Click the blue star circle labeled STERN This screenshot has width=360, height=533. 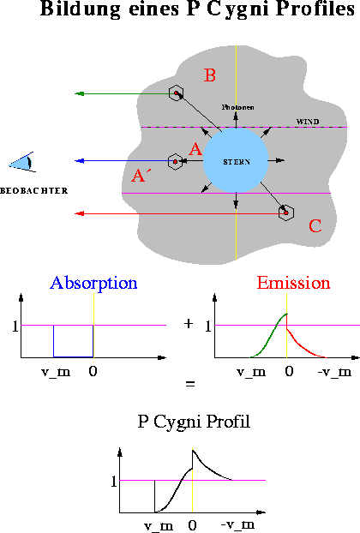pyautogui.click(x=236, y=161)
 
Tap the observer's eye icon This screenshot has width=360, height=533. pyautogui.click(x=23, y=161)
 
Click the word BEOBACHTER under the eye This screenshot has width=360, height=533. pyautogui.click(x=34, y=189)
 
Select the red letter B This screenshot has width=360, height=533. pyautogui.click(x=209, y=76)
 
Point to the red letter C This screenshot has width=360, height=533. pyautogui.click(x=315, y=226)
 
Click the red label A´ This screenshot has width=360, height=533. pyautogui.click(x=140, y=177)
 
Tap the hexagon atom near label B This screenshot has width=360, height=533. pyautogui.click(x=176, y=93)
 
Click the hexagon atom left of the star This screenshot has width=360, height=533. pyautogui.click(x=175, y=161)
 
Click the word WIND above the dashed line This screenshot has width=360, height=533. pyautogui.click(x=307, y=122)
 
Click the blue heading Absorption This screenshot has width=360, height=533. pyautogui.click(x=93, y=283)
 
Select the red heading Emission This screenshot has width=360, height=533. pyautogui.click(x=294, y=283)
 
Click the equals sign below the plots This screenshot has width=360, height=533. pyautogui.click(x=189, y=384)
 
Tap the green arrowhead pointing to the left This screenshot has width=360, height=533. pyautogui.click(x=79, y=93)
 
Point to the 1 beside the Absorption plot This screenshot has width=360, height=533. pyautogui.click(x=15, y=326)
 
